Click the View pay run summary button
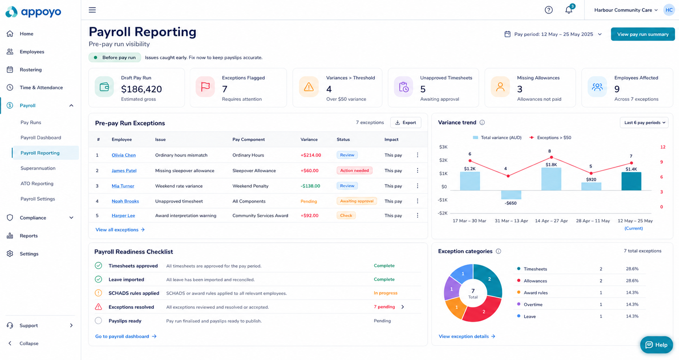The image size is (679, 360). pos(643,34)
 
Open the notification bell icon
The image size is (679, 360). pos(569,10)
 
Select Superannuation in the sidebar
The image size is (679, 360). pos(38,168)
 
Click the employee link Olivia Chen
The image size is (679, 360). pos(124,155)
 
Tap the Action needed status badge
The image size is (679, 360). pos(354,170)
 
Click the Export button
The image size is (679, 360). pos(406,123)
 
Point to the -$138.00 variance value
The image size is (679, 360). pos(310,186)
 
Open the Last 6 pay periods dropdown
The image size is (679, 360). pos(644,123)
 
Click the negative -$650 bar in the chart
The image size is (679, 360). pos(511,195)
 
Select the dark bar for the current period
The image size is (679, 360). pos(631,181)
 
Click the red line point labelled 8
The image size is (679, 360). pos(551,157)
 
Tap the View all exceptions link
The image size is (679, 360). pos(120,229)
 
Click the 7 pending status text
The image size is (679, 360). pos(384,307)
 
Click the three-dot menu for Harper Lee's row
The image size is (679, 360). pos(418,215)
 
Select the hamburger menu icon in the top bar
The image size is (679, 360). pos(92,10)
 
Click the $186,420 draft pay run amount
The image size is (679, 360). pos(141,89)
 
